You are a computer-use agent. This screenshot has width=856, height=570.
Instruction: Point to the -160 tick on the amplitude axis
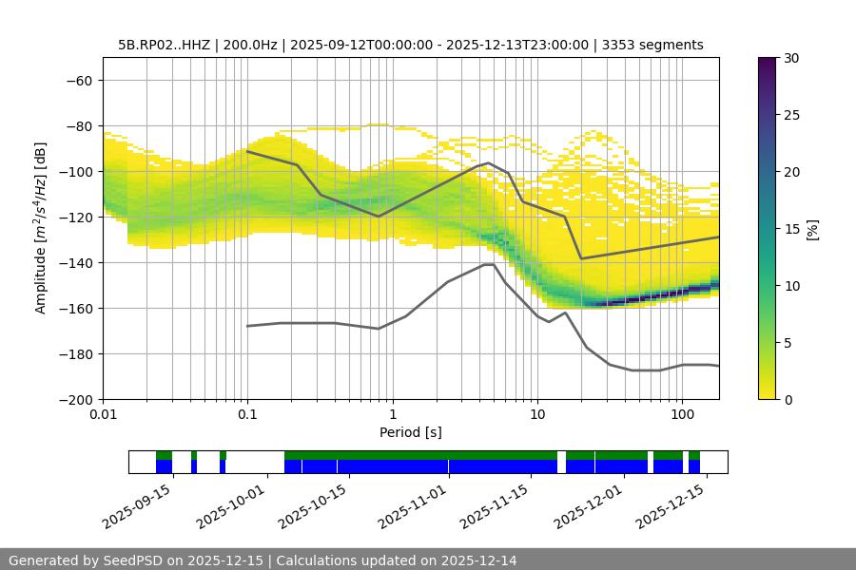pos(79,308)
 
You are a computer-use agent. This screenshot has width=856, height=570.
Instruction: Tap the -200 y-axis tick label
pos(79,399)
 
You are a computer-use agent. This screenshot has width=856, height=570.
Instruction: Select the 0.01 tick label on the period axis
pos(103,414)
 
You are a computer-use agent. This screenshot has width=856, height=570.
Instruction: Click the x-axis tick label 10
pos(537,414)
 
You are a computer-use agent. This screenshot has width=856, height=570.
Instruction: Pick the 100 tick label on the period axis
pos(682,414)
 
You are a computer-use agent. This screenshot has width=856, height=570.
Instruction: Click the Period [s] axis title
pos(411,432)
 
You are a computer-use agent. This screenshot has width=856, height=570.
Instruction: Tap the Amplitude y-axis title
pos(41,228)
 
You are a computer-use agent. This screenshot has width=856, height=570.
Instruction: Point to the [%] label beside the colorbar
pos(812,228)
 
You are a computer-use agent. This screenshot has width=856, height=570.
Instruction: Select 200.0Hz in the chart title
pos(251,45)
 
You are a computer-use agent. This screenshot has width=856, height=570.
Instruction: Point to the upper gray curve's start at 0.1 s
pos(247,151)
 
